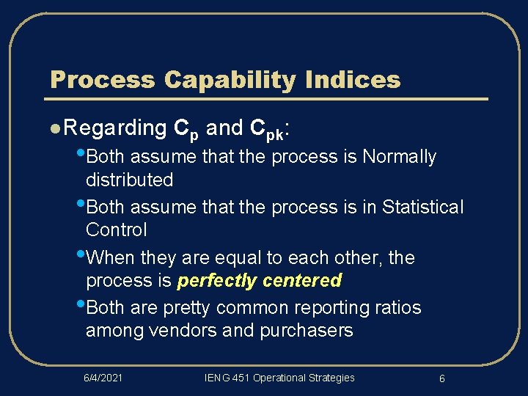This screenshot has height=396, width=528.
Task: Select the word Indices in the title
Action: (x=358, y=79)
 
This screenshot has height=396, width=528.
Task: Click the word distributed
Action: (x=129, y=180)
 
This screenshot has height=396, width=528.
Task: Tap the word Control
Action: (x=116, y=230)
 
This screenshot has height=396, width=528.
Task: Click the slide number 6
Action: (x=442, y=378)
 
